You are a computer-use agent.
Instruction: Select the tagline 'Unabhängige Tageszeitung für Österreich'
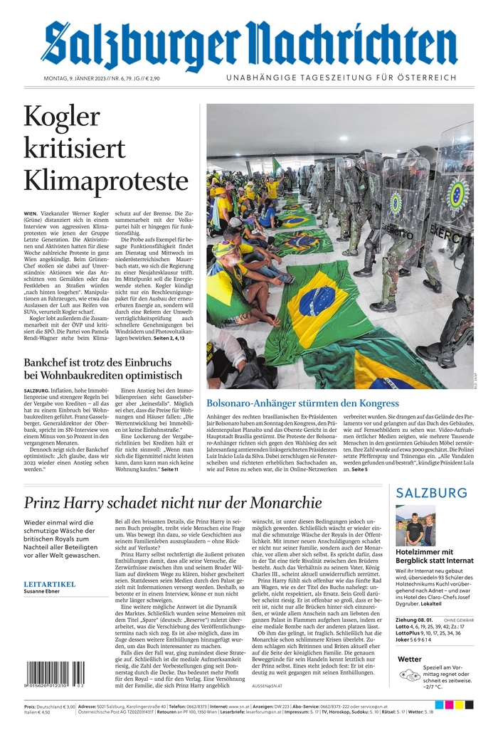coord(341,78)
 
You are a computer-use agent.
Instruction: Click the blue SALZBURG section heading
coord(432,493)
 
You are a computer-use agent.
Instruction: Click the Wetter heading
coord(410,659)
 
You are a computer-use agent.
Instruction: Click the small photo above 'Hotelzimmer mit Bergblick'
coord(415,525)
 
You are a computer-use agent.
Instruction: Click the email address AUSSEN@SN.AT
coord(267,685)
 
